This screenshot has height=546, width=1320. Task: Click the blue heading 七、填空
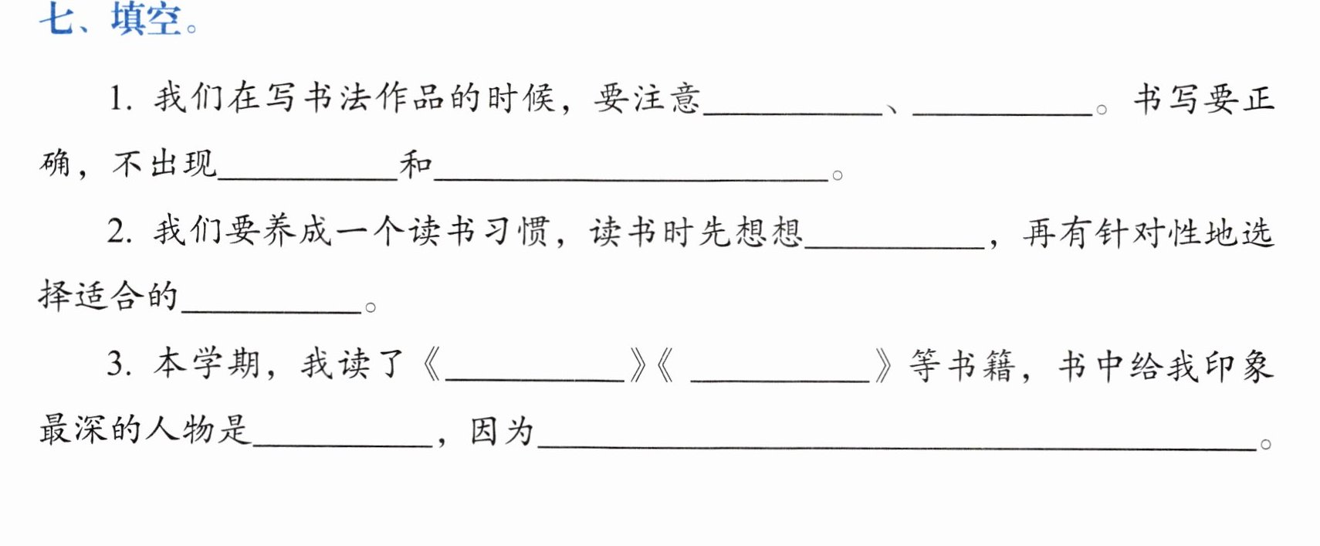118,19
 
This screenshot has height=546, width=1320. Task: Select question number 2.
120,231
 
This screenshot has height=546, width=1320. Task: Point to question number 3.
119,364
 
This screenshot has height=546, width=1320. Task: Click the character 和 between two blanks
416,164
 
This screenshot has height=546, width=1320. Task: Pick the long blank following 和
631,178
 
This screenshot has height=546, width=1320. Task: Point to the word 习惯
516,231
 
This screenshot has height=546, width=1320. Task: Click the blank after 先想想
895,247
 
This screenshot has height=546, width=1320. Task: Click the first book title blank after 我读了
534,379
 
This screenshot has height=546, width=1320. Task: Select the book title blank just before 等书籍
780,379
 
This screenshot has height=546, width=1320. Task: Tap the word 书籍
981,365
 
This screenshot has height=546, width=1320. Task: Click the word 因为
502,431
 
